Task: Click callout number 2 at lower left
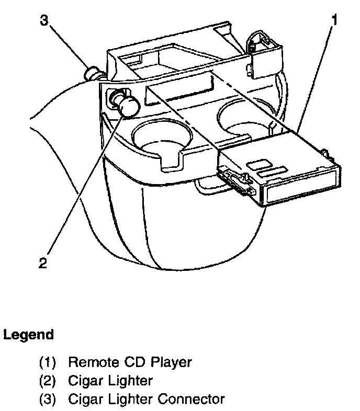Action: click(x=43, y=261)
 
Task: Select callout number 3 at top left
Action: click(x=44, y=21)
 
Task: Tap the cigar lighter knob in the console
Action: click(x=128, y=105)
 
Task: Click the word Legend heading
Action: click(x=29, y=335)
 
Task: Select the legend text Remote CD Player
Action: click(x=130, y=361)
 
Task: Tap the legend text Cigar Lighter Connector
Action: click(x=146, y=399)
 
